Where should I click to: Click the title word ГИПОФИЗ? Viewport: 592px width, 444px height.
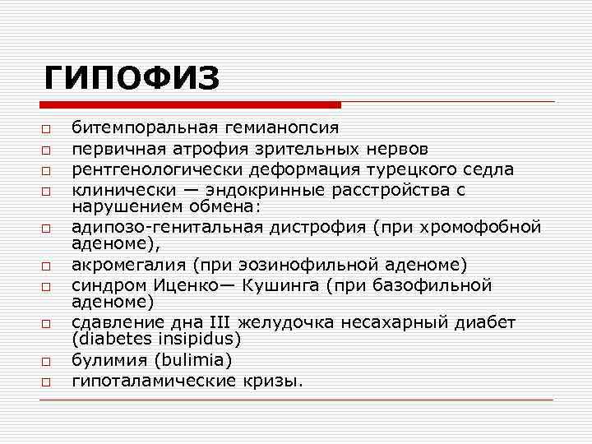point(132,79)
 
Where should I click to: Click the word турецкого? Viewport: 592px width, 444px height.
point(432,169)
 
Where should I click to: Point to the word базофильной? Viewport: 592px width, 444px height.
point(441,285)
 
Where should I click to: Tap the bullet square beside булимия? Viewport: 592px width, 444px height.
point(49,361)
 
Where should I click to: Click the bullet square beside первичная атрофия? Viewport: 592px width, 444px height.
point(49,150)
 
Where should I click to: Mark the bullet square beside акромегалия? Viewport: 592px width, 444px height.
point(49,266)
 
